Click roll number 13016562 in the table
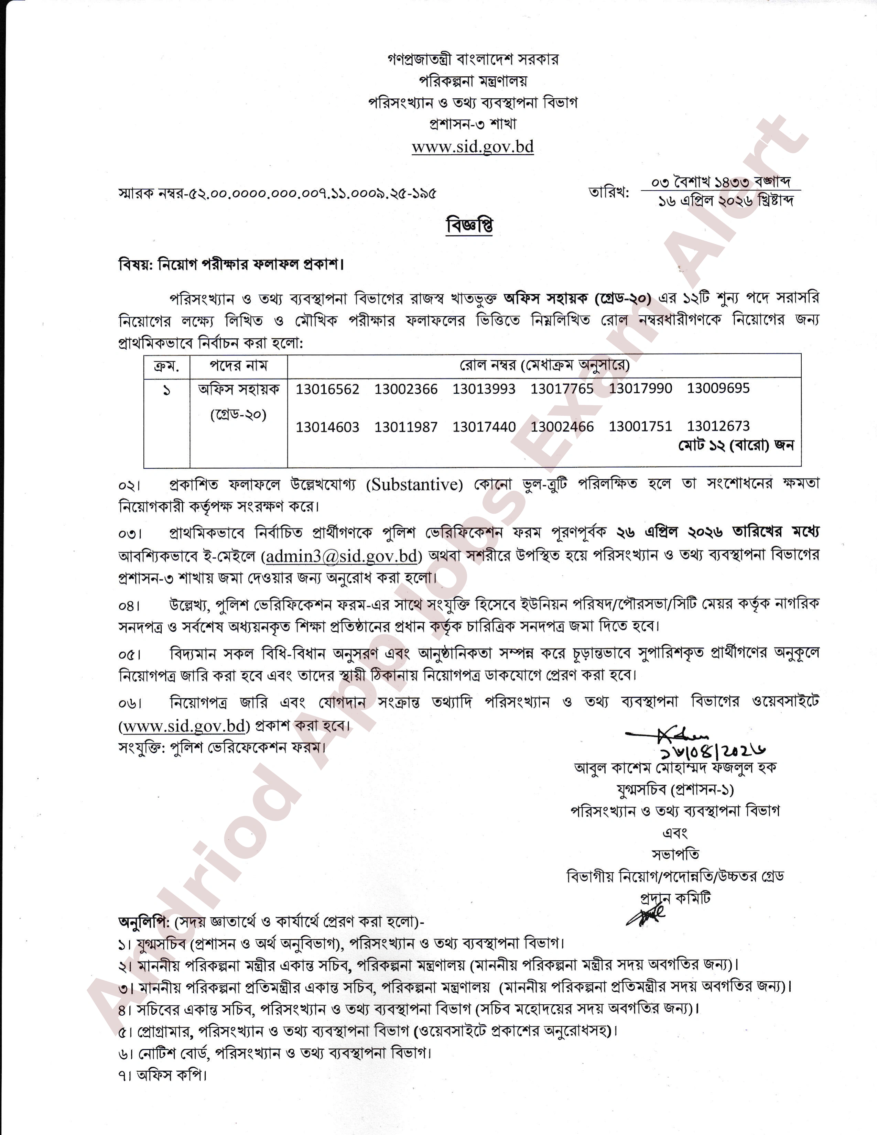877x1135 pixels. click(x=327, y=389)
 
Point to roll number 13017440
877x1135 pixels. click(x=484, y=427)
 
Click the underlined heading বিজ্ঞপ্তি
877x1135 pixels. click(x=469, y=226)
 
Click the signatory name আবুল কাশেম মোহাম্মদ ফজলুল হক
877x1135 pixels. click(x=675, y=768)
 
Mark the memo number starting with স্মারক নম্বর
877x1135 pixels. click(x=277, y=194)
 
